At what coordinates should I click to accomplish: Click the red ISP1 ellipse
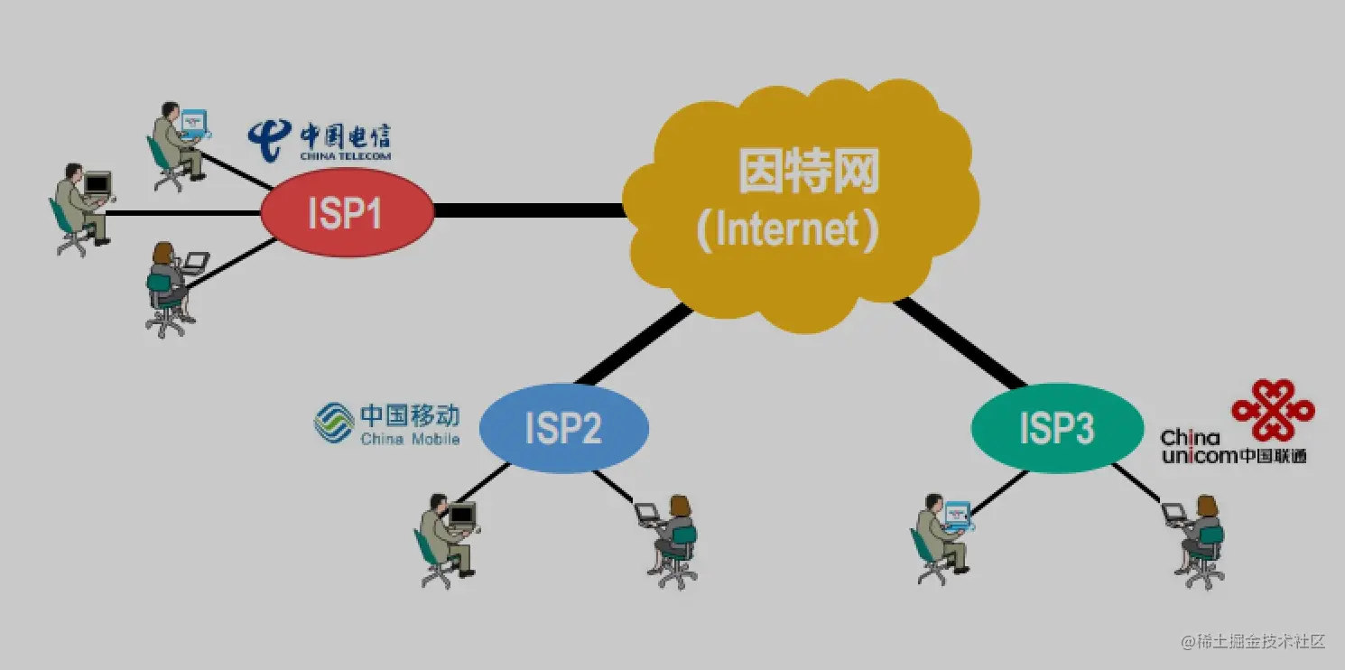tap(347, 212)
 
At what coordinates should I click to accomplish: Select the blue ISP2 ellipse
tap(563, 427)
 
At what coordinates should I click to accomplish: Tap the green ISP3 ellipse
tap(1057, 427)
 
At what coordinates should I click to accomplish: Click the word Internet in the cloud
tap(784, 230)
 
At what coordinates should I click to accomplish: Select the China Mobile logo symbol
tap(333, 423)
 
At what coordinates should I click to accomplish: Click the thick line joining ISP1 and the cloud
tap(528, 210)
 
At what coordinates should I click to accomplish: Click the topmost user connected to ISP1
tap(177, 144)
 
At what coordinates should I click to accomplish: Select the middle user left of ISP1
tap(81, 208)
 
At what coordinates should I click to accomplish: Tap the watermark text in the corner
tap(1252, 642)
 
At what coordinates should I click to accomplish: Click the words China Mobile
tap(410, 440)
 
